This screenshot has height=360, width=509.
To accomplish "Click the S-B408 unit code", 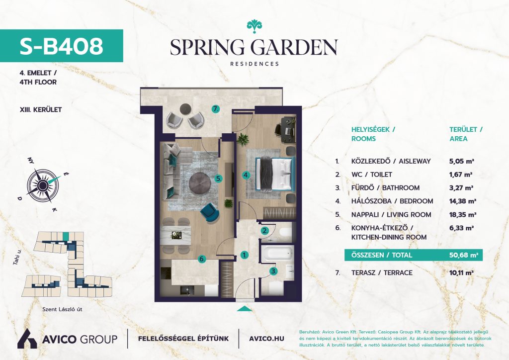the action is (x=61, y=46).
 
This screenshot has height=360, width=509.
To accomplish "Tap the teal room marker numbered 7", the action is (x=216, y=109).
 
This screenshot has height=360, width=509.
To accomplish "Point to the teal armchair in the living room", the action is (x=210, y=212).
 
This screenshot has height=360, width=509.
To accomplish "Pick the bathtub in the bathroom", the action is (x=277, y=253).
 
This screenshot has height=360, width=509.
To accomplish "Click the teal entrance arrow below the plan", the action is (x=245, y=309).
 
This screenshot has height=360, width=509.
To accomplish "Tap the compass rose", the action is (x=43, y=185).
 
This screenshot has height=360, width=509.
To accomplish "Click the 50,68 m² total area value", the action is (x=464, y=255).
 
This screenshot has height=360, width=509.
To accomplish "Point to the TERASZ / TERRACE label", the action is (x=382, y=272).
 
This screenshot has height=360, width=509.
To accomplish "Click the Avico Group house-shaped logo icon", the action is (x=27, y=339).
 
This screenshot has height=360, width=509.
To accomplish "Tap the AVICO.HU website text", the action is (x=266, y=339).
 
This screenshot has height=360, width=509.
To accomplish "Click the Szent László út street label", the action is (x=62, y=309).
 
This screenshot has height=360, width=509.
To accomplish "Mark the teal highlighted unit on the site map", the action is (x=66, y=236).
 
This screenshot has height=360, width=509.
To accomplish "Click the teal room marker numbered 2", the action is (x=265, y=231).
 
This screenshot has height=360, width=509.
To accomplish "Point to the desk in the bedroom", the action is (x=288, y=130).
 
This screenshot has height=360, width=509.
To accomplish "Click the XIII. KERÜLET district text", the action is (x=41, y=110).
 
